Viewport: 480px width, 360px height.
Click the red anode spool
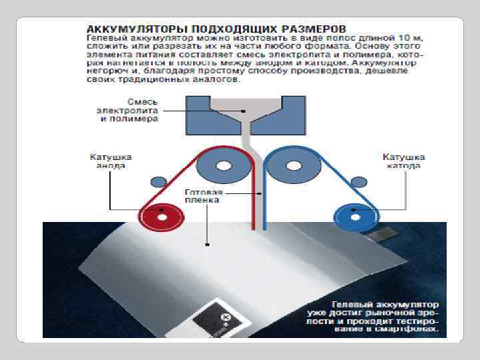click(x=162, y=216)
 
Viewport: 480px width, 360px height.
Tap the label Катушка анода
click(x=111, y=161)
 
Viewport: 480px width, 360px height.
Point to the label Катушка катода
click(x=404, y=161)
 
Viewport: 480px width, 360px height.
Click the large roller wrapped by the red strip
click(x=224, y=165)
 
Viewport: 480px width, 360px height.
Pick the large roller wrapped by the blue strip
click(x=292, y=165)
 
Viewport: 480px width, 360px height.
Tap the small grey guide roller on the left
click(x=158, y=182)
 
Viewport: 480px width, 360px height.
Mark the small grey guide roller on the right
click(x=359, y=182)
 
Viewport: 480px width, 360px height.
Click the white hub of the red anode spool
click(x=162, y=216)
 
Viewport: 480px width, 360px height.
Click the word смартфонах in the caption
click(x=414, y=329)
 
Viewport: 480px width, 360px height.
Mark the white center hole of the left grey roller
click(x=224, y=165)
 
